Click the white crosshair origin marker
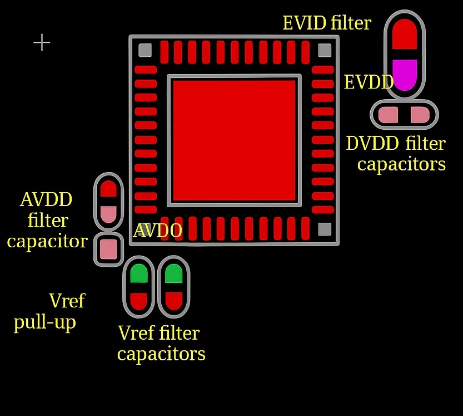tap(42, 42)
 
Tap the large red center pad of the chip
tap(234, 140)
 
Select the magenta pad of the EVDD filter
tap(405, 75)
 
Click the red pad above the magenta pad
tap(405, 34)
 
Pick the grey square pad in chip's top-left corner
tap(145, 50)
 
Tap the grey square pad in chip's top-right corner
tap(325, 50)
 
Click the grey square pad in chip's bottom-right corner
tap(325, 229)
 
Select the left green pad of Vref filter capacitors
tap(139, 273)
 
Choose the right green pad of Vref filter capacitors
tap(174, 273)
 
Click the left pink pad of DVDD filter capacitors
tap(389, 115)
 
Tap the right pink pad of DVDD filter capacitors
tap(420, 115)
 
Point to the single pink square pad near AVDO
tap(108, 249)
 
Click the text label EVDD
tap(369, 82)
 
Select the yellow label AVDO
tap(157, 231)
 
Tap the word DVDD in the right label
tap(372, 143)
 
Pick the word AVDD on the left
tap(46, 199)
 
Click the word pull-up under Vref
tap(45, 322)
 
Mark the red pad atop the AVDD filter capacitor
tap(108, 189)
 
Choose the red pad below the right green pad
tap(174, 301)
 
